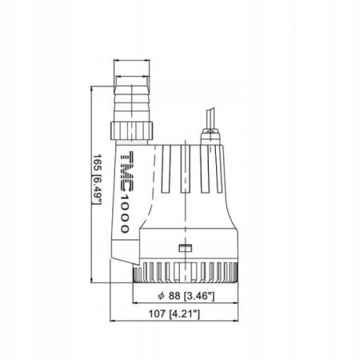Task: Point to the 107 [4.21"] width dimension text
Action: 173,315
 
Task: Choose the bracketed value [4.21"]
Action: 186,315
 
